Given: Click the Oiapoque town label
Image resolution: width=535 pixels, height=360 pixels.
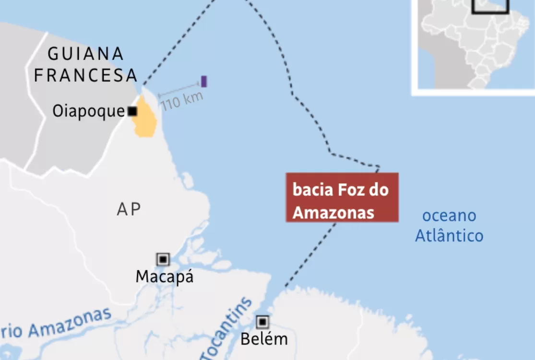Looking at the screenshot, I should [x=88, y=111].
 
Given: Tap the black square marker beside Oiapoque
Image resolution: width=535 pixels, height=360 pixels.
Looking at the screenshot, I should [x=132, y=111].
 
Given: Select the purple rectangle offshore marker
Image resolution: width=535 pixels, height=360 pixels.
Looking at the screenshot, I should [x=204, y=82].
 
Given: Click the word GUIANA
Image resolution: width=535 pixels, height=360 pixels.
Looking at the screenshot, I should [x=86, y=54].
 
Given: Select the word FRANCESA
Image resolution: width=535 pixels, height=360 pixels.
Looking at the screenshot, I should [x=86, y=75].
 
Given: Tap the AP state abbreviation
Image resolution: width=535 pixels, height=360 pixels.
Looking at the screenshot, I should [x=129, y=209].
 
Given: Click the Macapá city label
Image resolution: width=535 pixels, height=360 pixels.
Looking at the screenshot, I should [x=165, y=277].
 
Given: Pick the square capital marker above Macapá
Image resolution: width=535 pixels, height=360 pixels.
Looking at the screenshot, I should [x=163, y=260].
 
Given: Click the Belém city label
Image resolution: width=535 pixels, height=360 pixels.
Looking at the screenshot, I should [x=264, y=339].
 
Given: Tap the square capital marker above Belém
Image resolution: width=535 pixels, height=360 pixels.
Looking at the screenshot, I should [x=262, y=322].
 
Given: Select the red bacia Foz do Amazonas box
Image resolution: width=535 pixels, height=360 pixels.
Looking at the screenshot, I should [x=342, y=197].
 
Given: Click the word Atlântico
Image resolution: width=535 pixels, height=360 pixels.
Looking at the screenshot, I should [x=449, y=236].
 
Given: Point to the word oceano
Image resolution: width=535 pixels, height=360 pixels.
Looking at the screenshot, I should [x=449, y=216].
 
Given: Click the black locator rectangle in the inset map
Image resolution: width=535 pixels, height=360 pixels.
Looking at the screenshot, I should [x=490, y=7].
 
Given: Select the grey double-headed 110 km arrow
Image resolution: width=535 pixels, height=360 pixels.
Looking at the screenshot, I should [x=179, y=90].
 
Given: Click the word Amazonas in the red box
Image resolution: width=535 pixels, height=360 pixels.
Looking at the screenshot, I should [x=333, y=212].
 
